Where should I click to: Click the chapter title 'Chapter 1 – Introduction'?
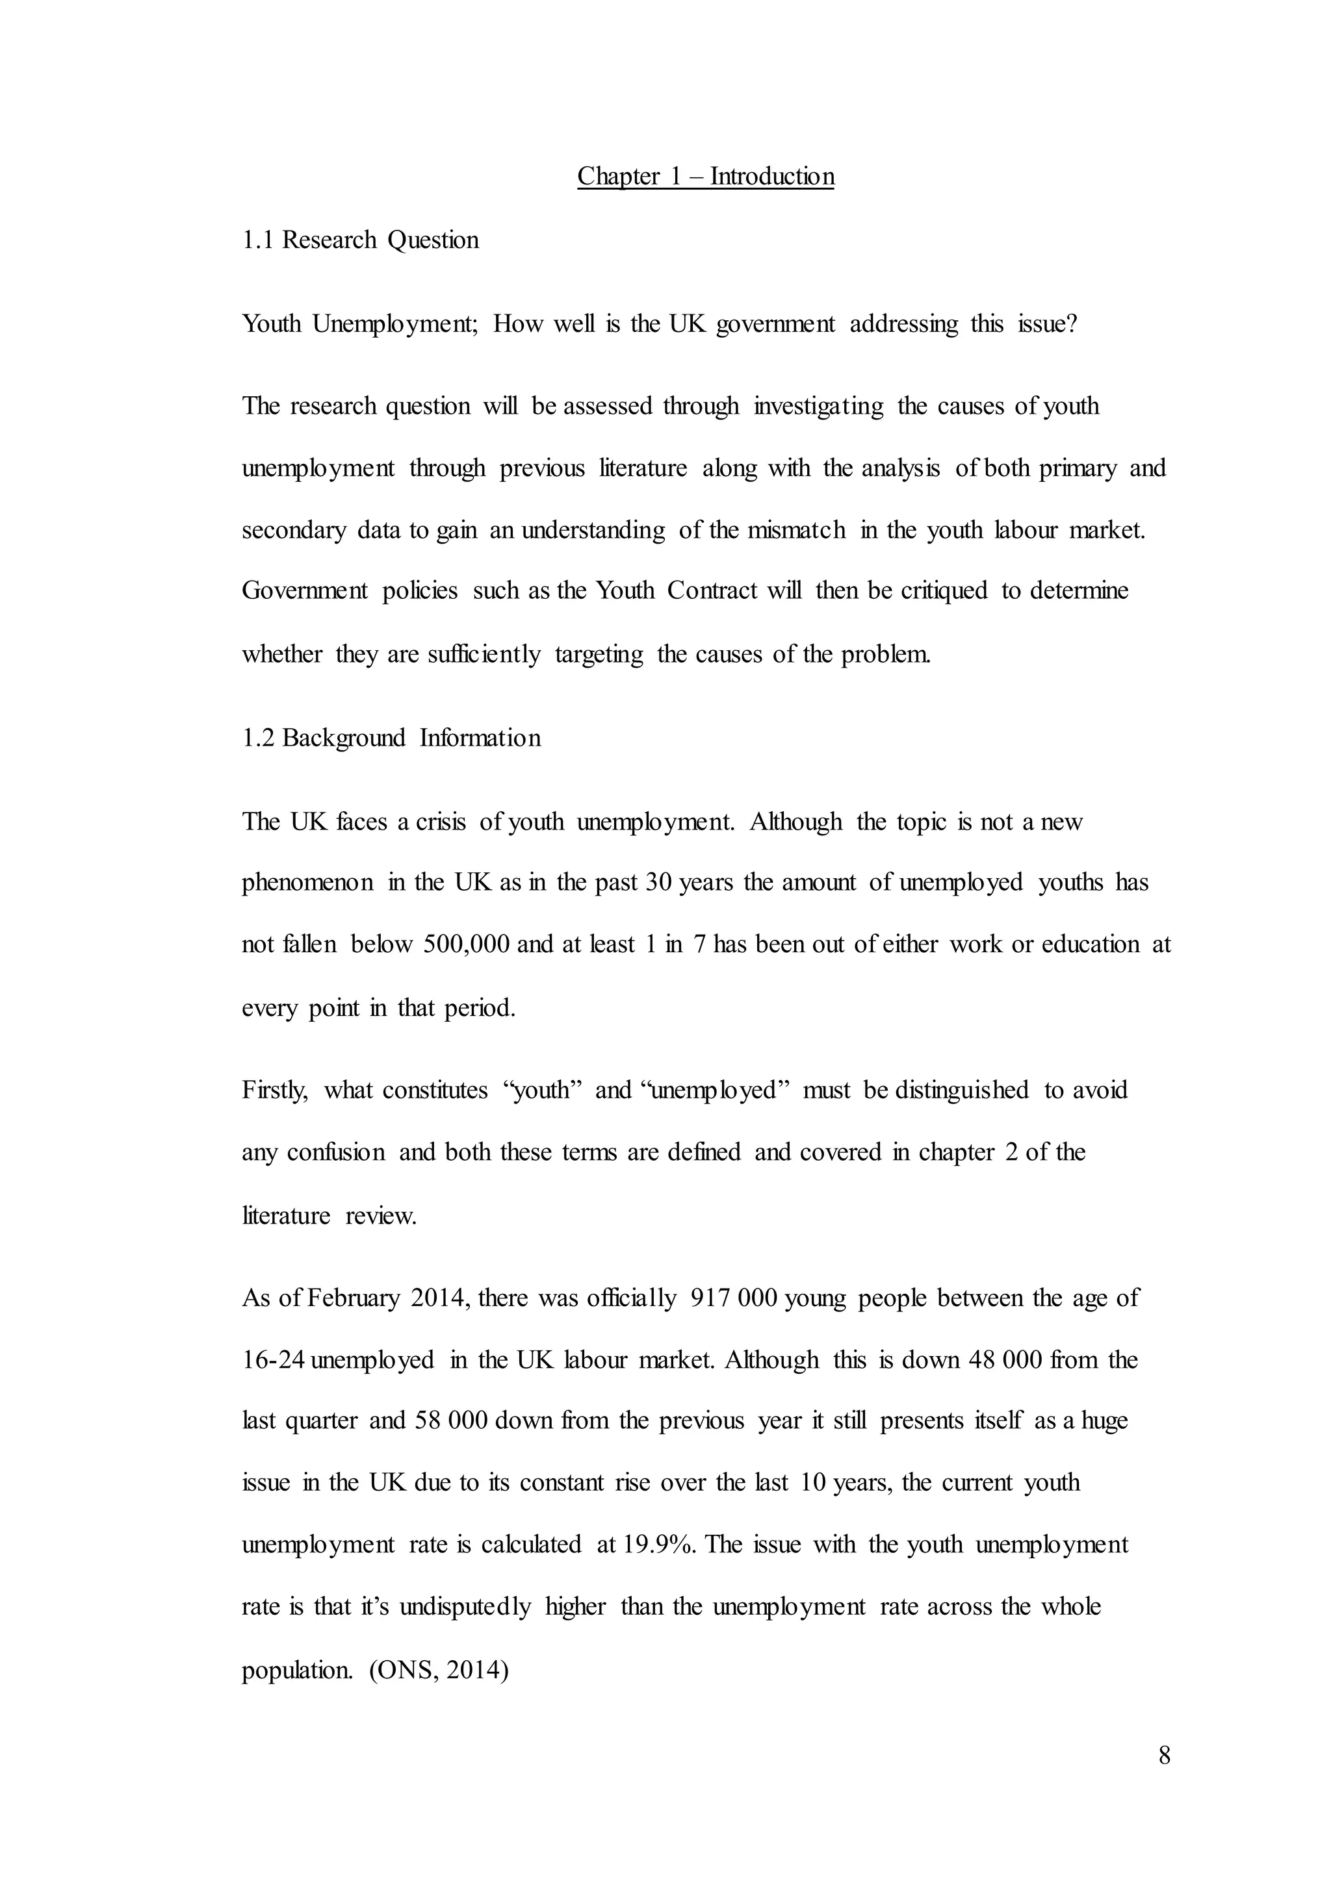[706, 176]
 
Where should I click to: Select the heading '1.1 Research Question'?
[361, 240]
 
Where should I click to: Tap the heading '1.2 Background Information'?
[392, 738]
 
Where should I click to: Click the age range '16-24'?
[274, 1360]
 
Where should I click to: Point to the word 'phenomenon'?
[307, 882]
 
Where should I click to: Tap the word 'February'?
[354, 1298]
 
